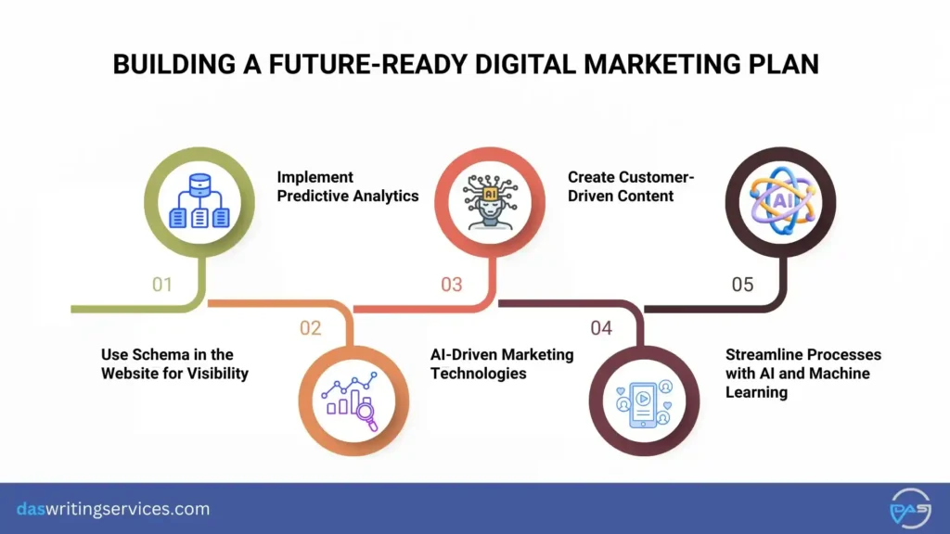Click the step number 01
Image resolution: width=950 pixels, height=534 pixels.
(162, 285)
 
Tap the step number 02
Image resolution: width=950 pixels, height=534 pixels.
(310, 327)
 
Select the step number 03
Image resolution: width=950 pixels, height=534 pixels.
(452, 285)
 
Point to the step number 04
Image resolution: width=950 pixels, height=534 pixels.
(601, 327)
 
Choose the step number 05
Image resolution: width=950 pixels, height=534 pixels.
(742, 285)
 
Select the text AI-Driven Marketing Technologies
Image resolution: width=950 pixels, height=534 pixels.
(502, 363)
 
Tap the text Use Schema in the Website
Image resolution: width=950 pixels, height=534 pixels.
(174, 363)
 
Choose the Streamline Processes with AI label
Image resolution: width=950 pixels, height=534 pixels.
(803, 373)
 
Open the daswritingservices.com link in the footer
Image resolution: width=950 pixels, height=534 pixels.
(113, 509)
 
